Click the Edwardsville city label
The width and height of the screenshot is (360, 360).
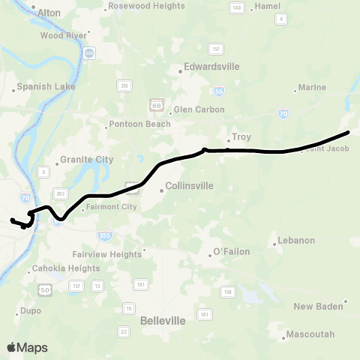pos(211,66)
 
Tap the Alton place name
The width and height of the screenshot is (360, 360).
pos(49,13)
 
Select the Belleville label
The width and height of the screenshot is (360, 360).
pos(163,320)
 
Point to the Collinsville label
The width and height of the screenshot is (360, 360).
pos(189,185)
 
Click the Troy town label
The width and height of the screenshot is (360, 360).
pos(241,137)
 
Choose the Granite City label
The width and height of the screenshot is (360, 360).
pos(87,159)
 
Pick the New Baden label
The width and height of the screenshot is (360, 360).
pos(318,306)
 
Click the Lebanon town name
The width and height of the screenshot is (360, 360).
pos(296,240)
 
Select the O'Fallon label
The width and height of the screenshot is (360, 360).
pos(232,250)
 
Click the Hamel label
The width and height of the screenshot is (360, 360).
pos(268,5)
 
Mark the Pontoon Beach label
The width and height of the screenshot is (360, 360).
pos(139,124)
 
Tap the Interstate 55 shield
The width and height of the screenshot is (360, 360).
pos(218,91)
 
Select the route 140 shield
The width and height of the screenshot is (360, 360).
pos(237,7)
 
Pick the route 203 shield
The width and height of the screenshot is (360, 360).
pos(61,193)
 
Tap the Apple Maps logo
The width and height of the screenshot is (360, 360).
pos(26,347)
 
